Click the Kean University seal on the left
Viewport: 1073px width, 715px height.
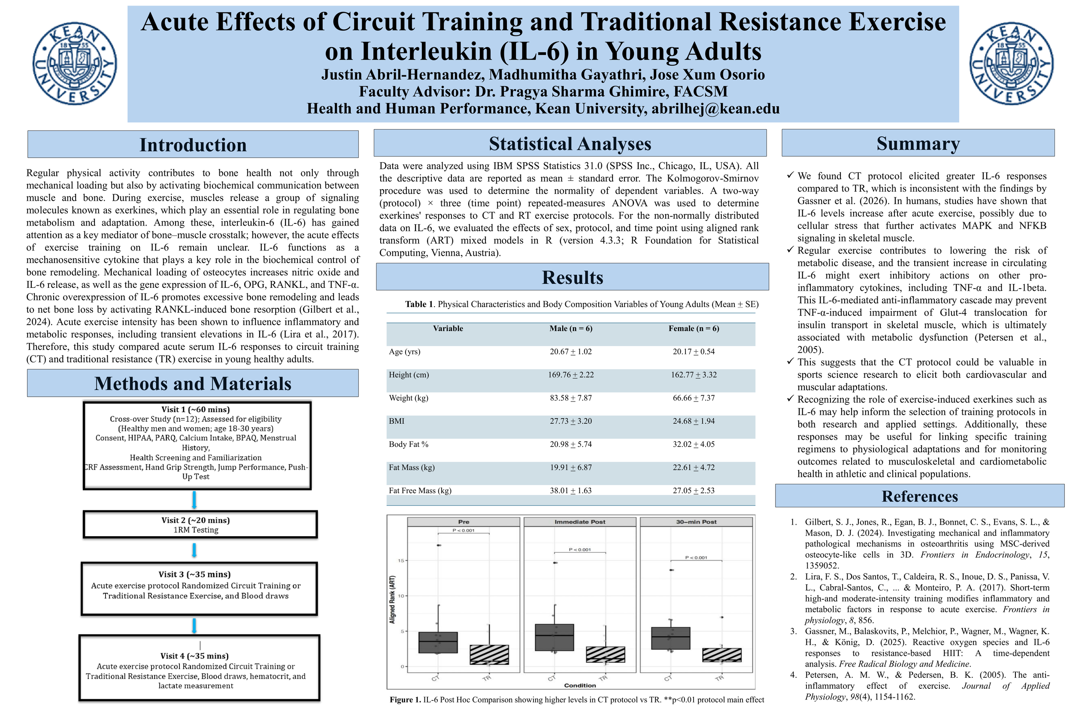tap(74, 63)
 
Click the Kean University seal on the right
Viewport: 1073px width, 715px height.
tap(1012, 63)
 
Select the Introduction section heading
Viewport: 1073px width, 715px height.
tap(193, 145)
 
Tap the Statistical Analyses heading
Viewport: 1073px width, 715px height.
tap(570, 144)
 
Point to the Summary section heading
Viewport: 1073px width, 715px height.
tap(918, 144)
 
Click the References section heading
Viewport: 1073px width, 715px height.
tap(919, 496)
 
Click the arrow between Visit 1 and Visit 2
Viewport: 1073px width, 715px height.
tap(194, 500)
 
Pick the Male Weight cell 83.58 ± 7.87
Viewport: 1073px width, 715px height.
tap(570, 398)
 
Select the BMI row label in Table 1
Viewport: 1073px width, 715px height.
tap(397, 421)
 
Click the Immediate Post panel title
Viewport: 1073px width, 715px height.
tap(579, 522)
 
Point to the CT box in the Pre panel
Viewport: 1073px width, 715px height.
tap(437, 642)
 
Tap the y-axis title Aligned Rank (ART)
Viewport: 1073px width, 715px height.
tap(392, 599)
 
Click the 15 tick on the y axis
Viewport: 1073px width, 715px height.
tap(401, 561)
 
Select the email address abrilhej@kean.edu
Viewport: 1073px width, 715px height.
tap(715, 109)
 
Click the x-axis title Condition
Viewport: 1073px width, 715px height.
tap(579, 685)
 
